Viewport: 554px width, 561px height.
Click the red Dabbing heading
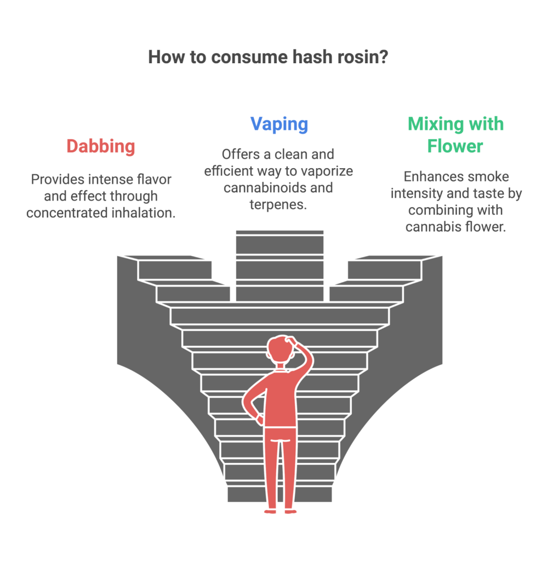click(100, 147)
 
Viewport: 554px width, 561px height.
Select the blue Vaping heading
click(279, 124)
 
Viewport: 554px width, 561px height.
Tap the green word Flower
click(455, 147)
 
